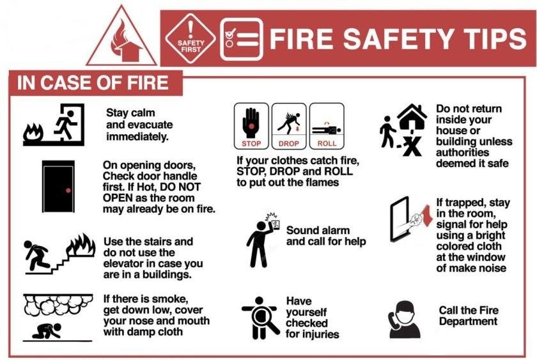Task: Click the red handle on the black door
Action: pyautogui.click(x=66, y=190)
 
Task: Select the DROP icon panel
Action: pyautogui.click(x=289, y=125)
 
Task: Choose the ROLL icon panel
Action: pyautogui.click(x=327, y=125)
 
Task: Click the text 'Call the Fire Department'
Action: pyautogui.click(x=468, y=316)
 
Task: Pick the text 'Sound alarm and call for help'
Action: pyautogui.click(x=326, y=235)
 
